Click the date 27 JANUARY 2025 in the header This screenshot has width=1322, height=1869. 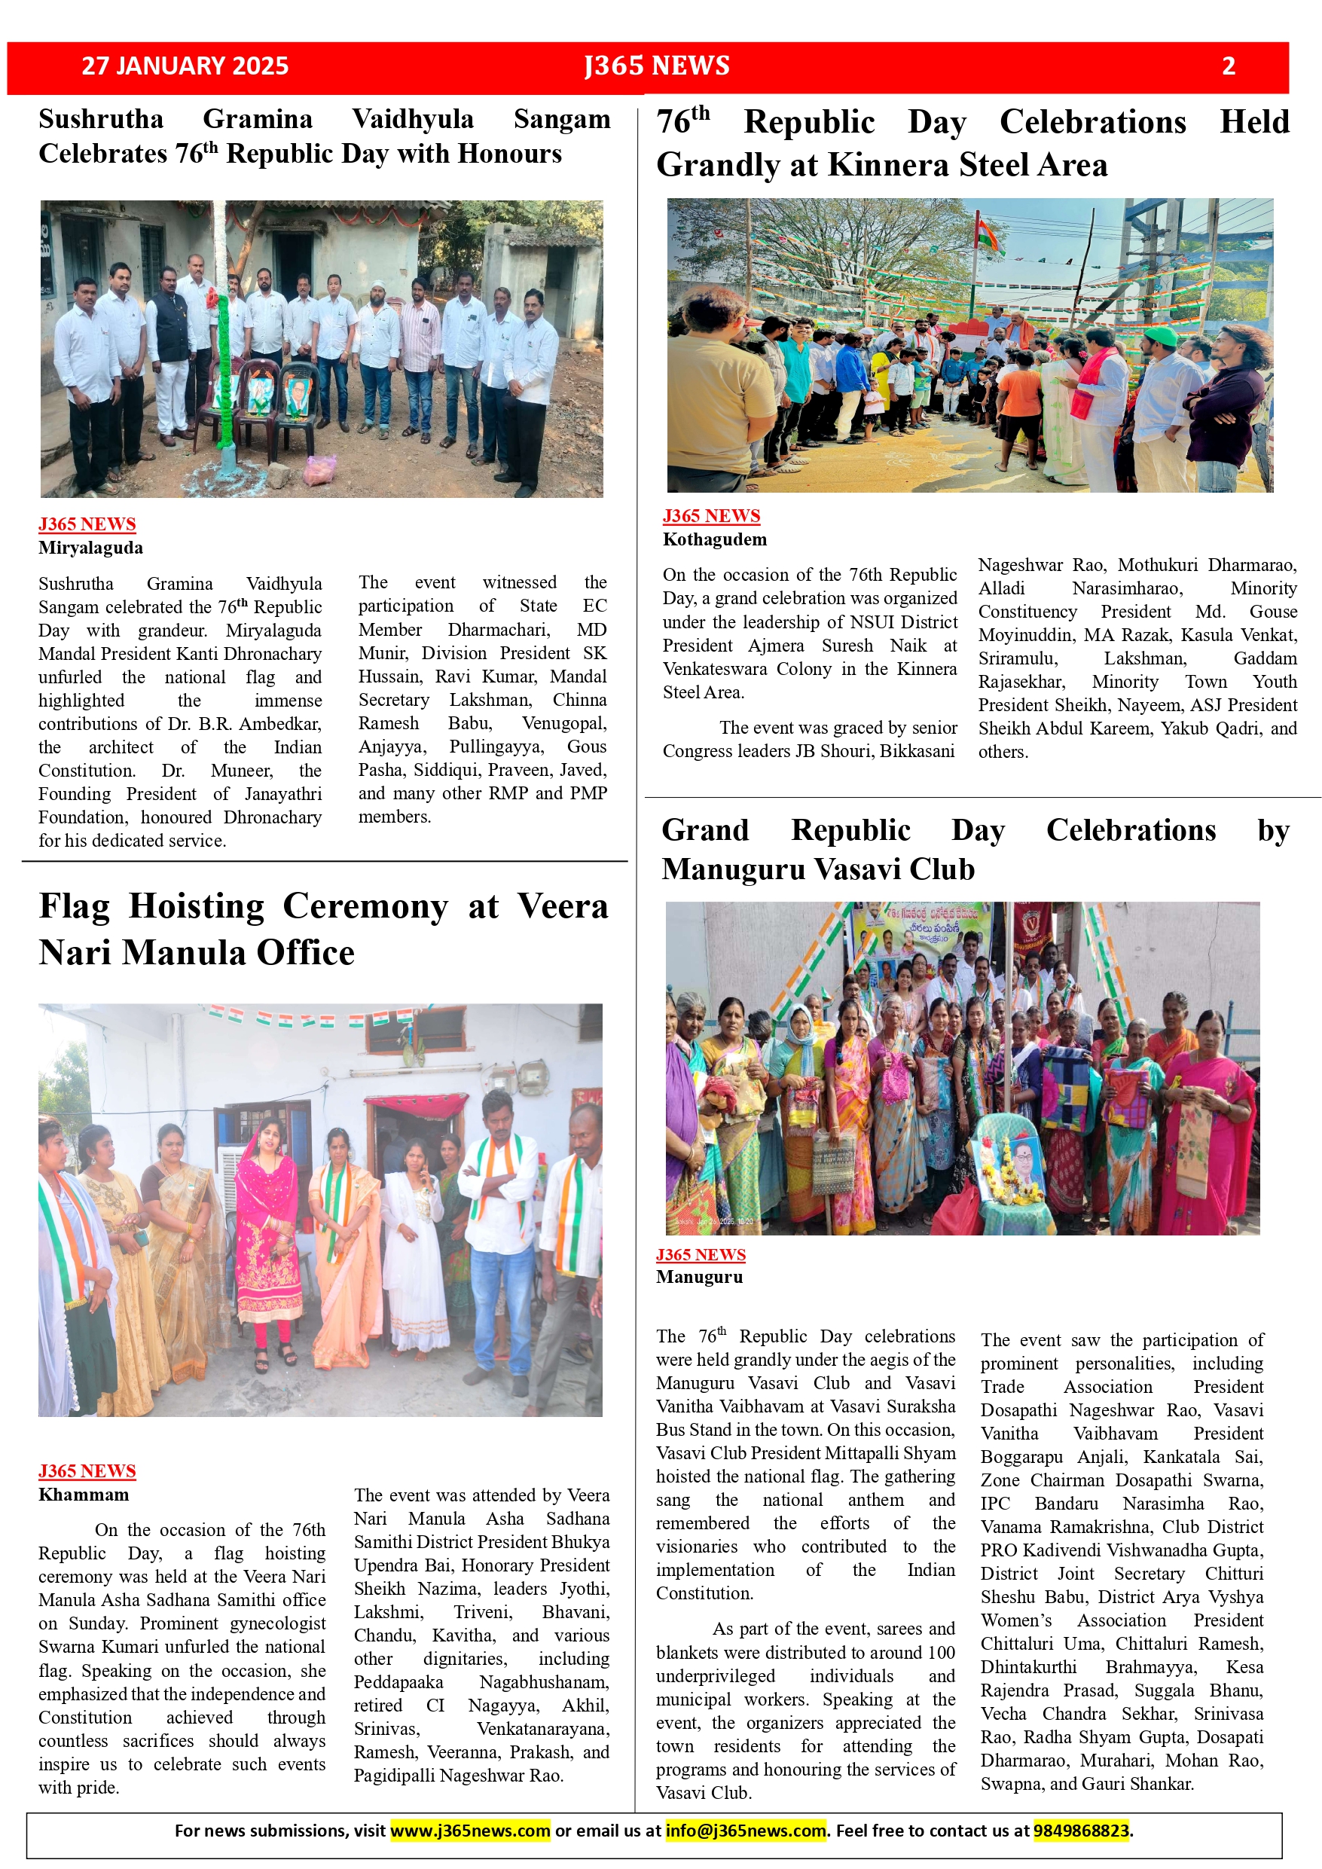(185, 66)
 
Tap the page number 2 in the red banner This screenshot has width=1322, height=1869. (1229, 66)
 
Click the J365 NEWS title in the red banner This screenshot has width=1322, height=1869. (657, 66)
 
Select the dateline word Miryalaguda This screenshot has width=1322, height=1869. (90, 548)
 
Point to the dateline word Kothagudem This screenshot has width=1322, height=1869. (715, 539)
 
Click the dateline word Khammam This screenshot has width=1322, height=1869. (84, 1495)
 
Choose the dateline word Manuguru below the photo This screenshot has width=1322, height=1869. (699, 1276)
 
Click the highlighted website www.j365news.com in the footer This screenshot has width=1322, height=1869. (471, 1831)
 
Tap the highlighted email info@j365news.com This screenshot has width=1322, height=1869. (746, 1831)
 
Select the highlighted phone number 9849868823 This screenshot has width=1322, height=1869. (1081, 1831)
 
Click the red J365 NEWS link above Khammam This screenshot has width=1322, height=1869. (87, 1471)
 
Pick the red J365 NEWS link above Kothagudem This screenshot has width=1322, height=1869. (712, 516)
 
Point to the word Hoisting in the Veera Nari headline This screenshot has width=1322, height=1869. (196, 907)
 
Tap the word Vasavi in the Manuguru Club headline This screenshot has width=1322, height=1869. (847, 869)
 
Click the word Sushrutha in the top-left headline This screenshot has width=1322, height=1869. (101, 120)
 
